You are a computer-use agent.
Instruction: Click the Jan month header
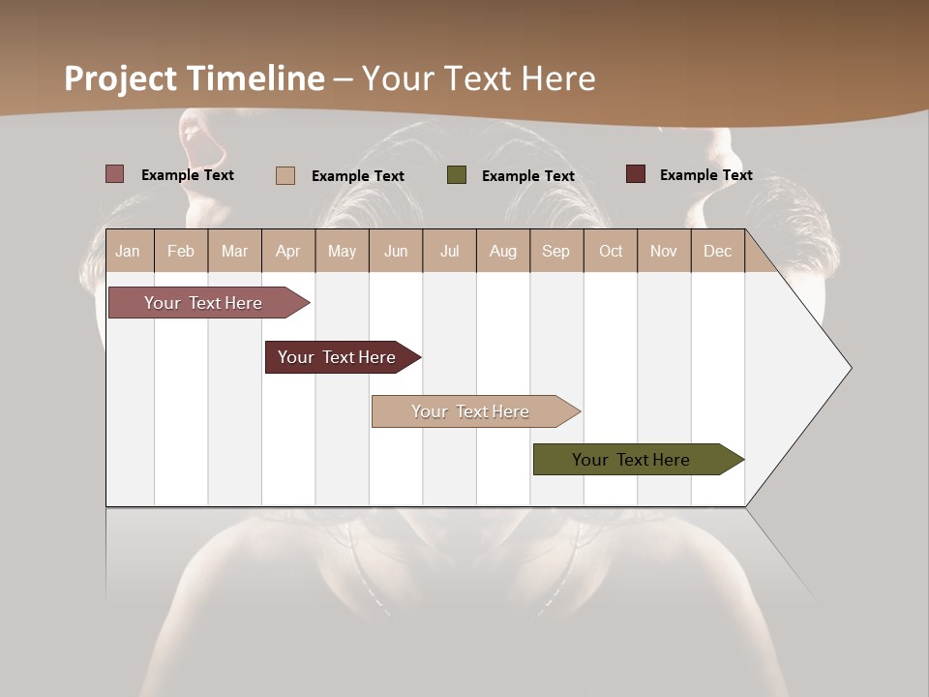128,251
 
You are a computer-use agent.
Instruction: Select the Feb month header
181,251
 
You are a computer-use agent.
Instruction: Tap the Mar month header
234,251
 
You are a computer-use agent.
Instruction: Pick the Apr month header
287,251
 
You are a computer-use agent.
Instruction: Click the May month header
342,251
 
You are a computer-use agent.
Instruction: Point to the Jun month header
396,251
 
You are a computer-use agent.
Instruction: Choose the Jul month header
449,251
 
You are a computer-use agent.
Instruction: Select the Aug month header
502,251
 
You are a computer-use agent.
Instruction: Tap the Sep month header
555,251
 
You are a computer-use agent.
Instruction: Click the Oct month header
611,251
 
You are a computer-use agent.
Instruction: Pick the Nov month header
664,251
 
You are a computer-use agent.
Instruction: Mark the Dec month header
717,251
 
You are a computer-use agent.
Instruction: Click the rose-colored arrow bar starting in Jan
203,303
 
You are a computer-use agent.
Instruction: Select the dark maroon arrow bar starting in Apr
337,357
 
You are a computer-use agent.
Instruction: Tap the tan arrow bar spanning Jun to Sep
470,411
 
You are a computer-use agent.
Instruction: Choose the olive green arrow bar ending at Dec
631,460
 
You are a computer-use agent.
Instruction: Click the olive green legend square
457,175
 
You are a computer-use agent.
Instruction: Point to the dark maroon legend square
636,174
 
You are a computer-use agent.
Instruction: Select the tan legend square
285,175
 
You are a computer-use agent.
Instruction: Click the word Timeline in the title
255,78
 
